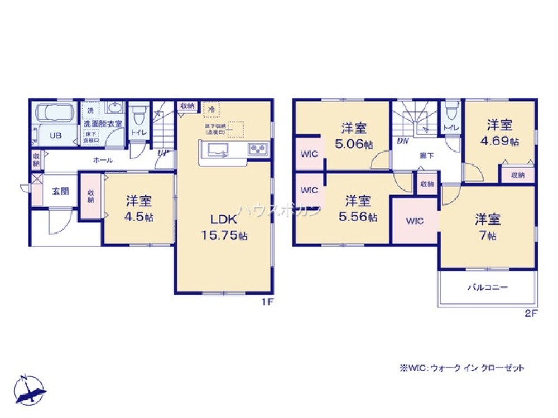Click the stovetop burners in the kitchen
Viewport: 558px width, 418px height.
coord(258,149)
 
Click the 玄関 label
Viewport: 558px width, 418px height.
coord(61,191)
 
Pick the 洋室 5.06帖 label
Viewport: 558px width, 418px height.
coord(354,135)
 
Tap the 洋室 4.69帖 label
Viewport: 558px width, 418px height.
coord(499,133)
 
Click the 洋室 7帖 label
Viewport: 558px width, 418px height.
coord(487,226)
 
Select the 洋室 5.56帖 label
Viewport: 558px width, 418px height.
coord(357,207)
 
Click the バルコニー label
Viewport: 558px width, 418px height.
coord(487,288)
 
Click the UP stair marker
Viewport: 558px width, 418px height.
coord(163,152)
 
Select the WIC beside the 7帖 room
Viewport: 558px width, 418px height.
coord(415,221)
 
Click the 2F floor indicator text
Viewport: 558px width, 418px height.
coord(530,313)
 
